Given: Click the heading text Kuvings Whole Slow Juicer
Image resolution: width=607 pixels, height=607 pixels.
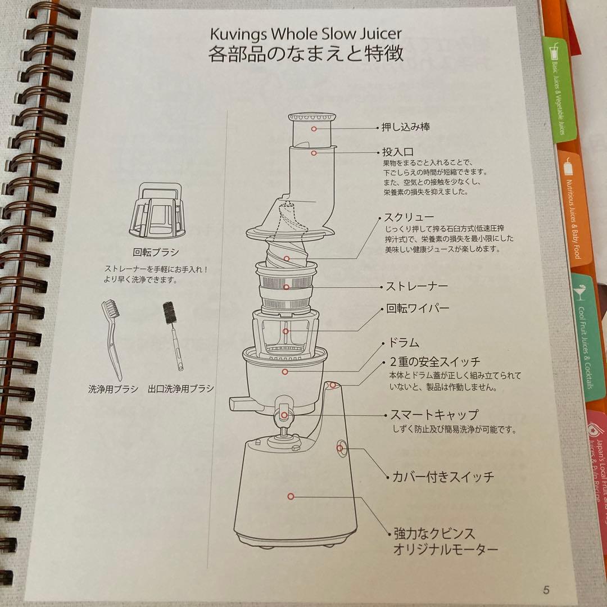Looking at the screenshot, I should click(x=306, y=33).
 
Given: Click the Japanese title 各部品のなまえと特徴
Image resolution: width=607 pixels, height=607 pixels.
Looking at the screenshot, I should click(x=306, y=56).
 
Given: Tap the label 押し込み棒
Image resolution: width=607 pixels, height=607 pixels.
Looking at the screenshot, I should click(x=406, y=127).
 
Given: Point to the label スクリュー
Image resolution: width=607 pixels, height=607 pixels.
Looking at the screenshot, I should click(x=409, y=218).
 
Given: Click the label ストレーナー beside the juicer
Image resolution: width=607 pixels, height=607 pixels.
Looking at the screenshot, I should click(x=416, y=287).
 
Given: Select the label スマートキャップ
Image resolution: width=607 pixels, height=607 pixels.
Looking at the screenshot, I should click(x=434, y=415).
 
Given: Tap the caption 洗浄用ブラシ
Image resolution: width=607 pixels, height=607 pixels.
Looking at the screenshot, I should click(x=113, y=388).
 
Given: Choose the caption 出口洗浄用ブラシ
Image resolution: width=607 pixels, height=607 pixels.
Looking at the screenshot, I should click(x=180, y=388).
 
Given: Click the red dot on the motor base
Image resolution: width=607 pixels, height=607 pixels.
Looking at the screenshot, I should click(x=291, y=496).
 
